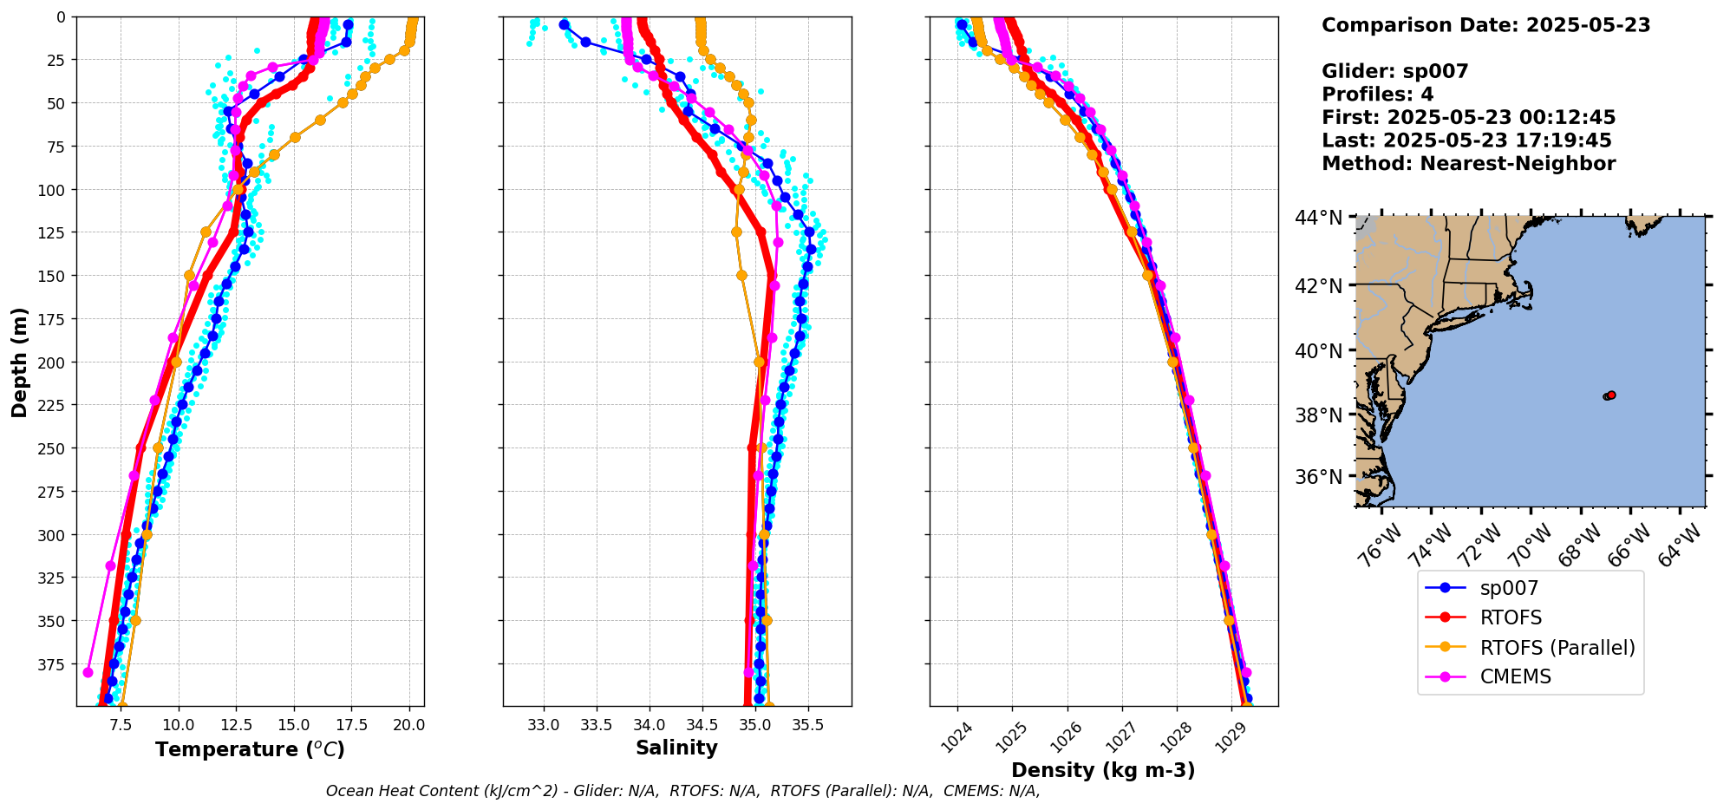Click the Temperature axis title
(250, 749)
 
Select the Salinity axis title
(676, 748)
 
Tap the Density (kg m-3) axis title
(1103, 770)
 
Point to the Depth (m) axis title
(19, 362)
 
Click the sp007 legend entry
(1508, 588)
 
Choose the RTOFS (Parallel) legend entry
(1557, 648)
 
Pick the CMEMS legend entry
(1515, 676)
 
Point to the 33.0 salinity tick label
(544, 725)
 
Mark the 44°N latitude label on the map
(1318, 217)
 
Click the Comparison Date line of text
(1485, 25)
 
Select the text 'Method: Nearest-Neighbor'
(1468, 164)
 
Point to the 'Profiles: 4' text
(1377, 95)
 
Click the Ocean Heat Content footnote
(682, 791)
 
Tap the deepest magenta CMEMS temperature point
(88, 672)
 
